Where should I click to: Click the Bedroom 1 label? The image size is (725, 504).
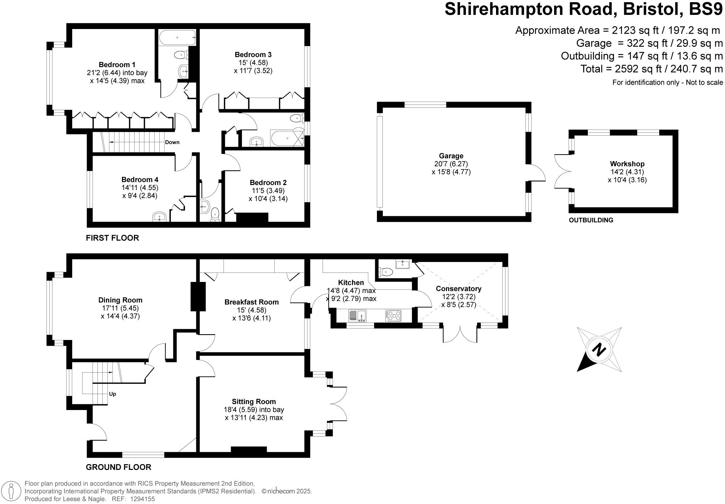coord(117,65)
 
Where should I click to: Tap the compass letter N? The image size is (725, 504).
coord(599,350)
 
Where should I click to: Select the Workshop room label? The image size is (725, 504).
coord(627,164)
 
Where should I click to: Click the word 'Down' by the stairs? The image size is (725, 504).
coord(172,142)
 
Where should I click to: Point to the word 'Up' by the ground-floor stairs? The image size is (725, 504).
coord(112,394)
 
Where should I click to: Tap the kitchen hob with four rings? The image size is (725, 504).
coord(393,316)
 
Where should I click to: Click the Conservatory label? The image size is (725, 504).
coord(458,289)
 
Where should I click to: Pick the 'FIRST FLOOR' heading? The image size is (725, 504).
coord(112,238)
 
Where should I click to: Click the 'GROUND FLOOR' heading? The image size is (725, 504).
coord(118,467)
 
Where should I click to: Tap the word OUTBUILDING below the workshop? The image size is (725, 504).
coord(591,220)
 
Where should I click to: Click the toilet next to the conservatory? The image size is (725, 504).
coord(385,272)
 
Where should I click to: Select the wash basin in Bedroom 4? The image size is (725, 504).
coord(159,217)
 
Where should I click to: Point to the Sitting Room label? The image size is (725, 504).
coord(254,402)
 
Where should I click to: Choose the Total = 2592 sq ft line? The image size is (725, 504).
coord(651,69)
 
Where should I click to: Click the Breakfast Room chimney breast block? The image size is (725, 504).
coord(198,296)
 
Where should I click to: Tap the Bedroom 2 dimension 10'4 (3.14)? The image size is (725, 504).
coord(268,198)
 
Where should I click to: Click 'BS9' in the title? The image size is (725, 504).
coord(705,9)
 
